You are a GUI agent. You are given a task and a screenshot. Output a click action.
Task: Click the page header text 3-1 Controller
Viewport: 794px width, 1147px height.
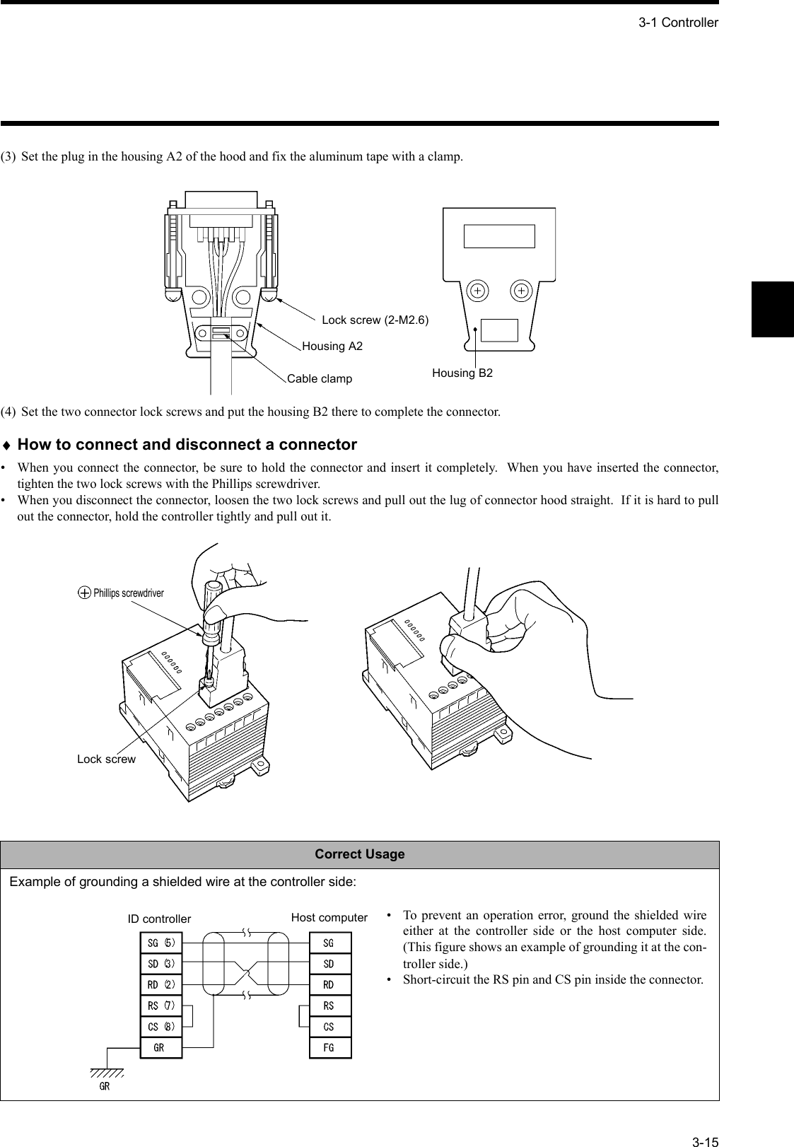(677, 23)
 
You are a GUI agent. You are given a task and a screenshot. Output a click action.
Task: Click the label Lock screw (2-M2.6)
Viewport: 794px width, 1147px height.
(375, 320)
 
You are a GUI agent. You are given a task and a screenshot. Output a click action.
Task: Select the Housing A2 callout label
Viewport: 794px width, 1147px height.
(332, 346)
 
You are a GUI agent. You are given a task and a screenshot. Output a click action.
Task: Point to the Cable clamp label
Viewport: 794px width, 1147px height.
(319, 378)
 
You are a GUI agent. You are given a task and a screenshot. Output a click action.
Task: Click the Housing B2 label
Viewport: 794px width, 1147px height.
(462, 373)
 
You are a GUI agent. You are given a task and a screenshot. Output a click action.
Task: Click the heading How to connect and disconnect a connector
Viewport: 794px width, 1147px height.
(187, 445)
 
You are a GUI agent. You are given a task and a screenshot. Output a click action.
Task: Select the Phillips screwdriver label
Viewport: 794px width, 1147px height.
(128, 593)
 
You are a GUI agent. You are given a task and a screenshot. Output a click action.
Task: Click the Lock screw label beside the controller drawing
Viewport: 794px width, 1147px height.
(106, 759)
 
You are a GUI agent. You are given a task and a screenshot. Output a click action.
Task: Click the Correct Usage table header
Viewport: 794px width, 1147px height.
(359, 854)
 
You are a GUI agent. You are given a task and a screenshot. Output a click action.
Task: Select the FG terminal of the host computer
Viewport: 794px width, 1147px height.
(329, 1047)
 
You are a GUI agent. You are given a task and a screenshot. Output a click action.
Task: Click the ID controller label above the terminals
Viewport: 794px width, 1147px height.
(158, 919)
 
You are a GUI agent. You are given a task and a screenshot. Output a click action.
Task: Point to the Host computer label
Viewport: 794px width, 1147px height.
(329, 918)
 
